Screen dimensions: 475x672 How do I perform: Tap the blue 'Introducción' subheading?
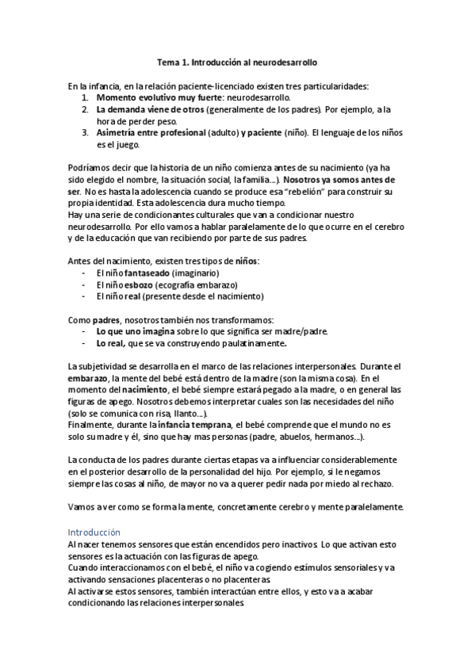point(94,533)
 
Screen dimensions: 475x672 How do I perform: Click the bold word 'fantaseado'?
point(147,273)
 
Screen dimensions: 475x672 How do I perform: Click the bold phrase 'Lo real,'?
point(110,344)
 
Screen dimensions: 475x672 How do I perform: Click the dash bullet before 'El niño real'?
point(85,296)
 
